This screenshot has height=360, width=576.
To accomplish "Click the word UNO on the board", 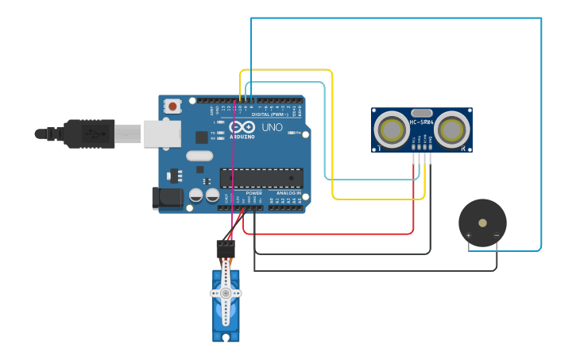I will [272, 127].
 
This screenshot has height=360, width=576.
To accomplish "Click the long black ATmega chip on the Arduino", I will [261, 179].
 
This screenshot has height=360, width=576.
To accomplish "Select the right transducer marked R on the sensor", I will [452, 129].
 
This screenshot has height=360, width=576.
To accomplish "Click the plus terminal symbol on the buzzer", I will [469, 235].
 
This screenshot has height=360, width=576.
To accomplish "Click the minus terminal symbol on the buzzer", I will [497, 235].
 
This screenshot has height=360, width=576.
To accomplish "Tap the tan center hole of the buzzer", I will [482, 223].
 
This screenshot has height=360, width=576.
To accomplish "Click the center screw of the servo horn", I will [226, 293].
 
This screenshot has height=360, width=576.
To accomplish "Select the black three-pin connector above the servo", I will [226, 248].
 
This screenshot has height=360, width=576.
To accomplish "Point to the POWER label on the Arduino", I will [254, 193].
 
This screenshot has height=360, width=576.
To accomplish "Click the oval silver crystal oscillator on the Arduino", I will [200, 156].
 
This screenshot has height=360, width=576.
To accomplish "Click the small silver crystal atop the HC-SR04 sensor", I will [422, 113].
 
